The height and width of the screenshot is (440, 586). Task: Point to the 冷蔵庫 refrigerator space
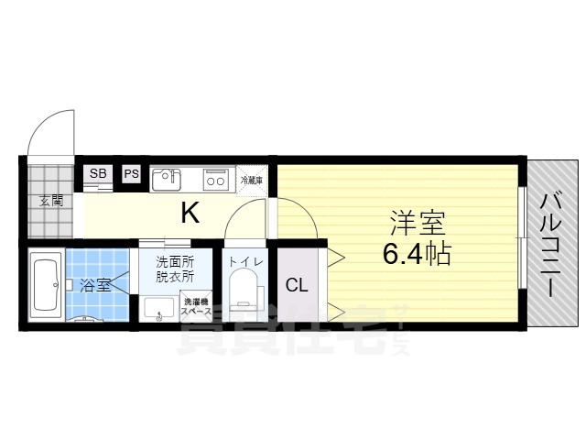(252, 180)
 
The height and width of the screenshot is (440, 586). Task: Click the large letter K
(190, 214)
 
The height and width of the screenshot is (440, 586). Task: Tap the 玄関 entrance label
(49, 202)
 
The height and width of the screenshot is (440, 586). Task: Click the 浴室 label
(95, 284)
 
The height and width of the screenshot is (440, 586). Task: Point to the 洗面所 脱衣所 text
(175, 268)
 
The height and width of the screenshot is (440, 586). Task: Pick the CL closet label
(297, 284)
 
